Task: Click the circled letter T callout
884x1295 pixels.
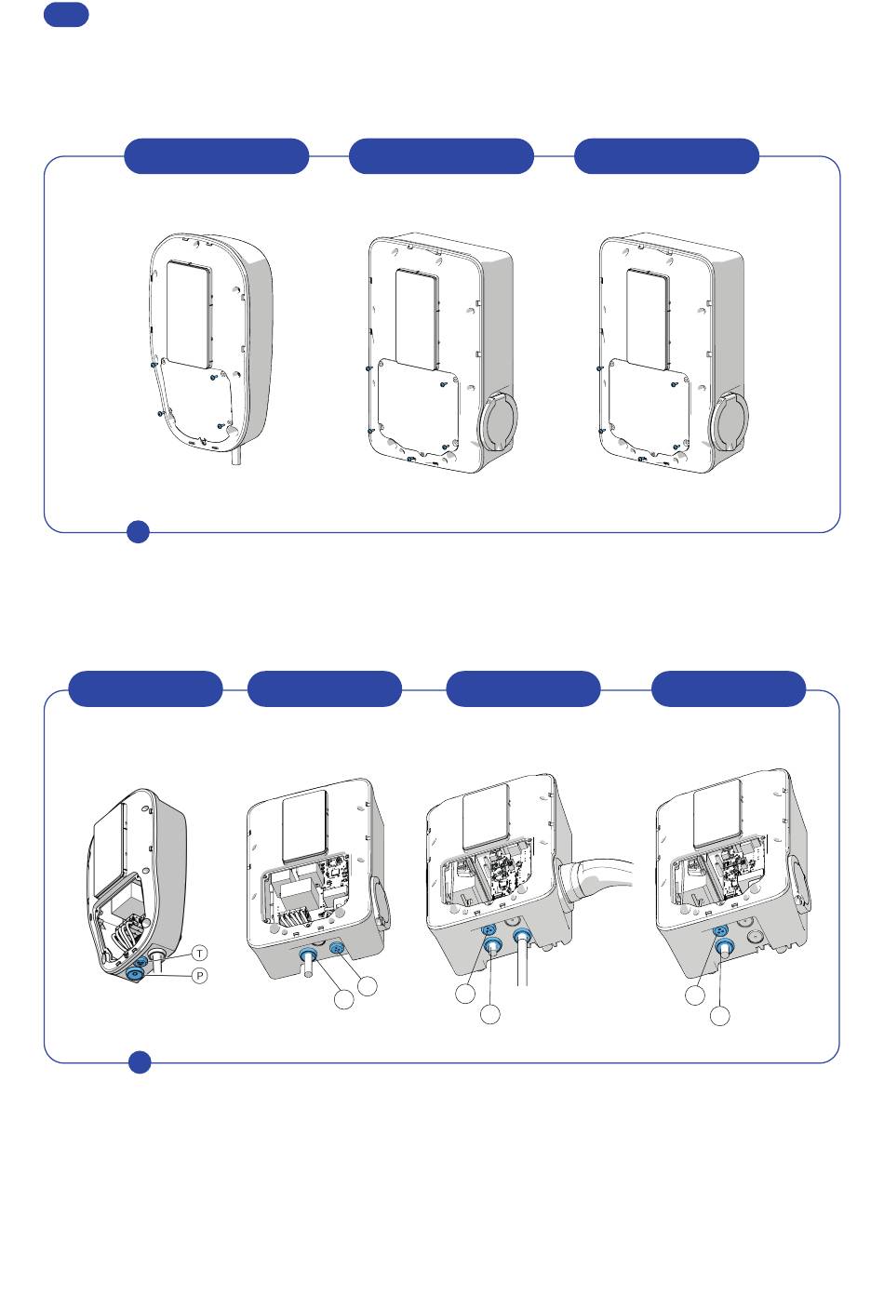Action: tap(201, 953)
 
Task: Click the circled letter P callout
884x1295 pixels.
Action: tap(199, 975)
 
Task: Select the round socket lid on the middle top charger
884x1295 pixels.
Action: tap(500, 421)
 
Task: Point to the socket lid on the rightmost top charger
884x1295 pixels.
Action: tap(730, 421)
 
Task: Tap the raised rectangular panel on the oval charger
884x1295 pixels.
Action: tap(191, 312)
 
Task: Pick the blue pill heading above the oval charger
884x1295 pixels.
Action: tap(216, 156)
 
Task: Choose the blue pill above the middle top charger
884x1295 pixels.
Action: tap(441, 156)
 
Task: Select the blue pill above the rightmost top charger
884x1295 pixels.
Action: tap(666, 156)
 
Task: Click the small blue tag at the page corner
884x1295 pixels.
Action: tap(66, 14)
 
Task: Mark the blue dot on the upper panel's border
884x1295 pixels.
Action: tap(138, 531)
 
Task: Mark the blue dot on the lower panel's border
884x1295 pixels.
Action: tap(140, 1061)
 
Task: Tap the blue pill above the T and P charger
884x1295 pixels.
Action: tap(146, 688)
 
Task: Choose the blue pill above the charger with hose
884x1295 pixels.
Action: tap(523, 688)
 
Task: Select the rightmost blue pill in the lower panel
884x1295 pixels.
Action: tap(729, 688)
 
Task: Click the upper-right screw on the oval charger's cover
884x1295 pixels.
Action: tap(214, 378)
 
